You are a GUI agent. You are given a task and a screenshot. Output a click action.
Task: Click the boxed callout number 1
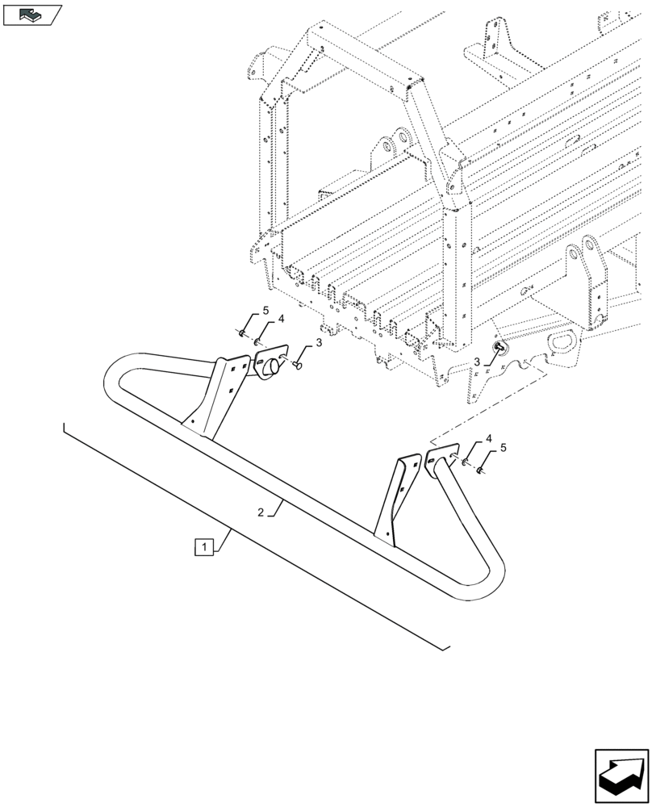[x=203, y=547]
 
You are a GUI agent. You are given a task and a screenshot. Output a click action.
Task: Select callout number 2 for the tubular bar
[x=261, y=512]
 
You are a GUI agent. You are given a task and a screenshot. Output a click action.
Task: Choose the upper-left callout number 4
[x=281, y=320]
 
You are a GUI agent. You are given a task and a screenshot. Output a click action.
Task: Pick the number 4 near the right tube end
[x=487, y=439]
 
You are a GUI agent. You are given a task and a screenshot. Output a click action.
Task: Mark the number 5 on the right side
[x=504, y=447]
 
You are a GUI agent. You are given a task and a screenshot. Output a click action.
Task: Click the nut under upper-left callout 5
[x=242, y=332]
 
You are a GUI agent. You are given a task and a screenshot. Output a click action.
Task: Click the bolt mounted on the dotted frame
[x=498, y=347]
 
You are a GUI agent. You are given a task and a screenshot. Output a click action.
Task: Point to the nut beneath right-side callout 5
[x=480, y=469]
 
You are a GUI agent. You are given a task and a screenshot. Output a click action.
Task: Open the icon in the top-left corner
[x=32, y=14]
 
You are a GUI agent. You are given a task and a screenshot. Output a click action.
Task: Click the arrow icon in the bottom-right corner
[x=621, y=776]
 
